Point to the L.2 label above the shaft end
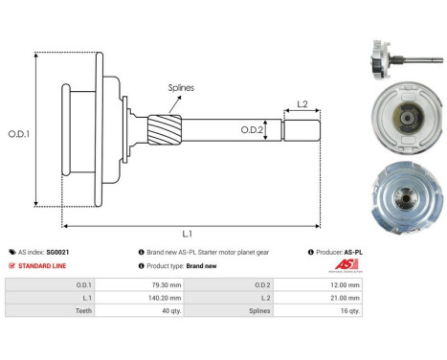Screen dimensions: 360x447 [x=302, y=102]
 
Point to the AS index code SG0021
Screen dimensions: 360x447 [x=58, y=252]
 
